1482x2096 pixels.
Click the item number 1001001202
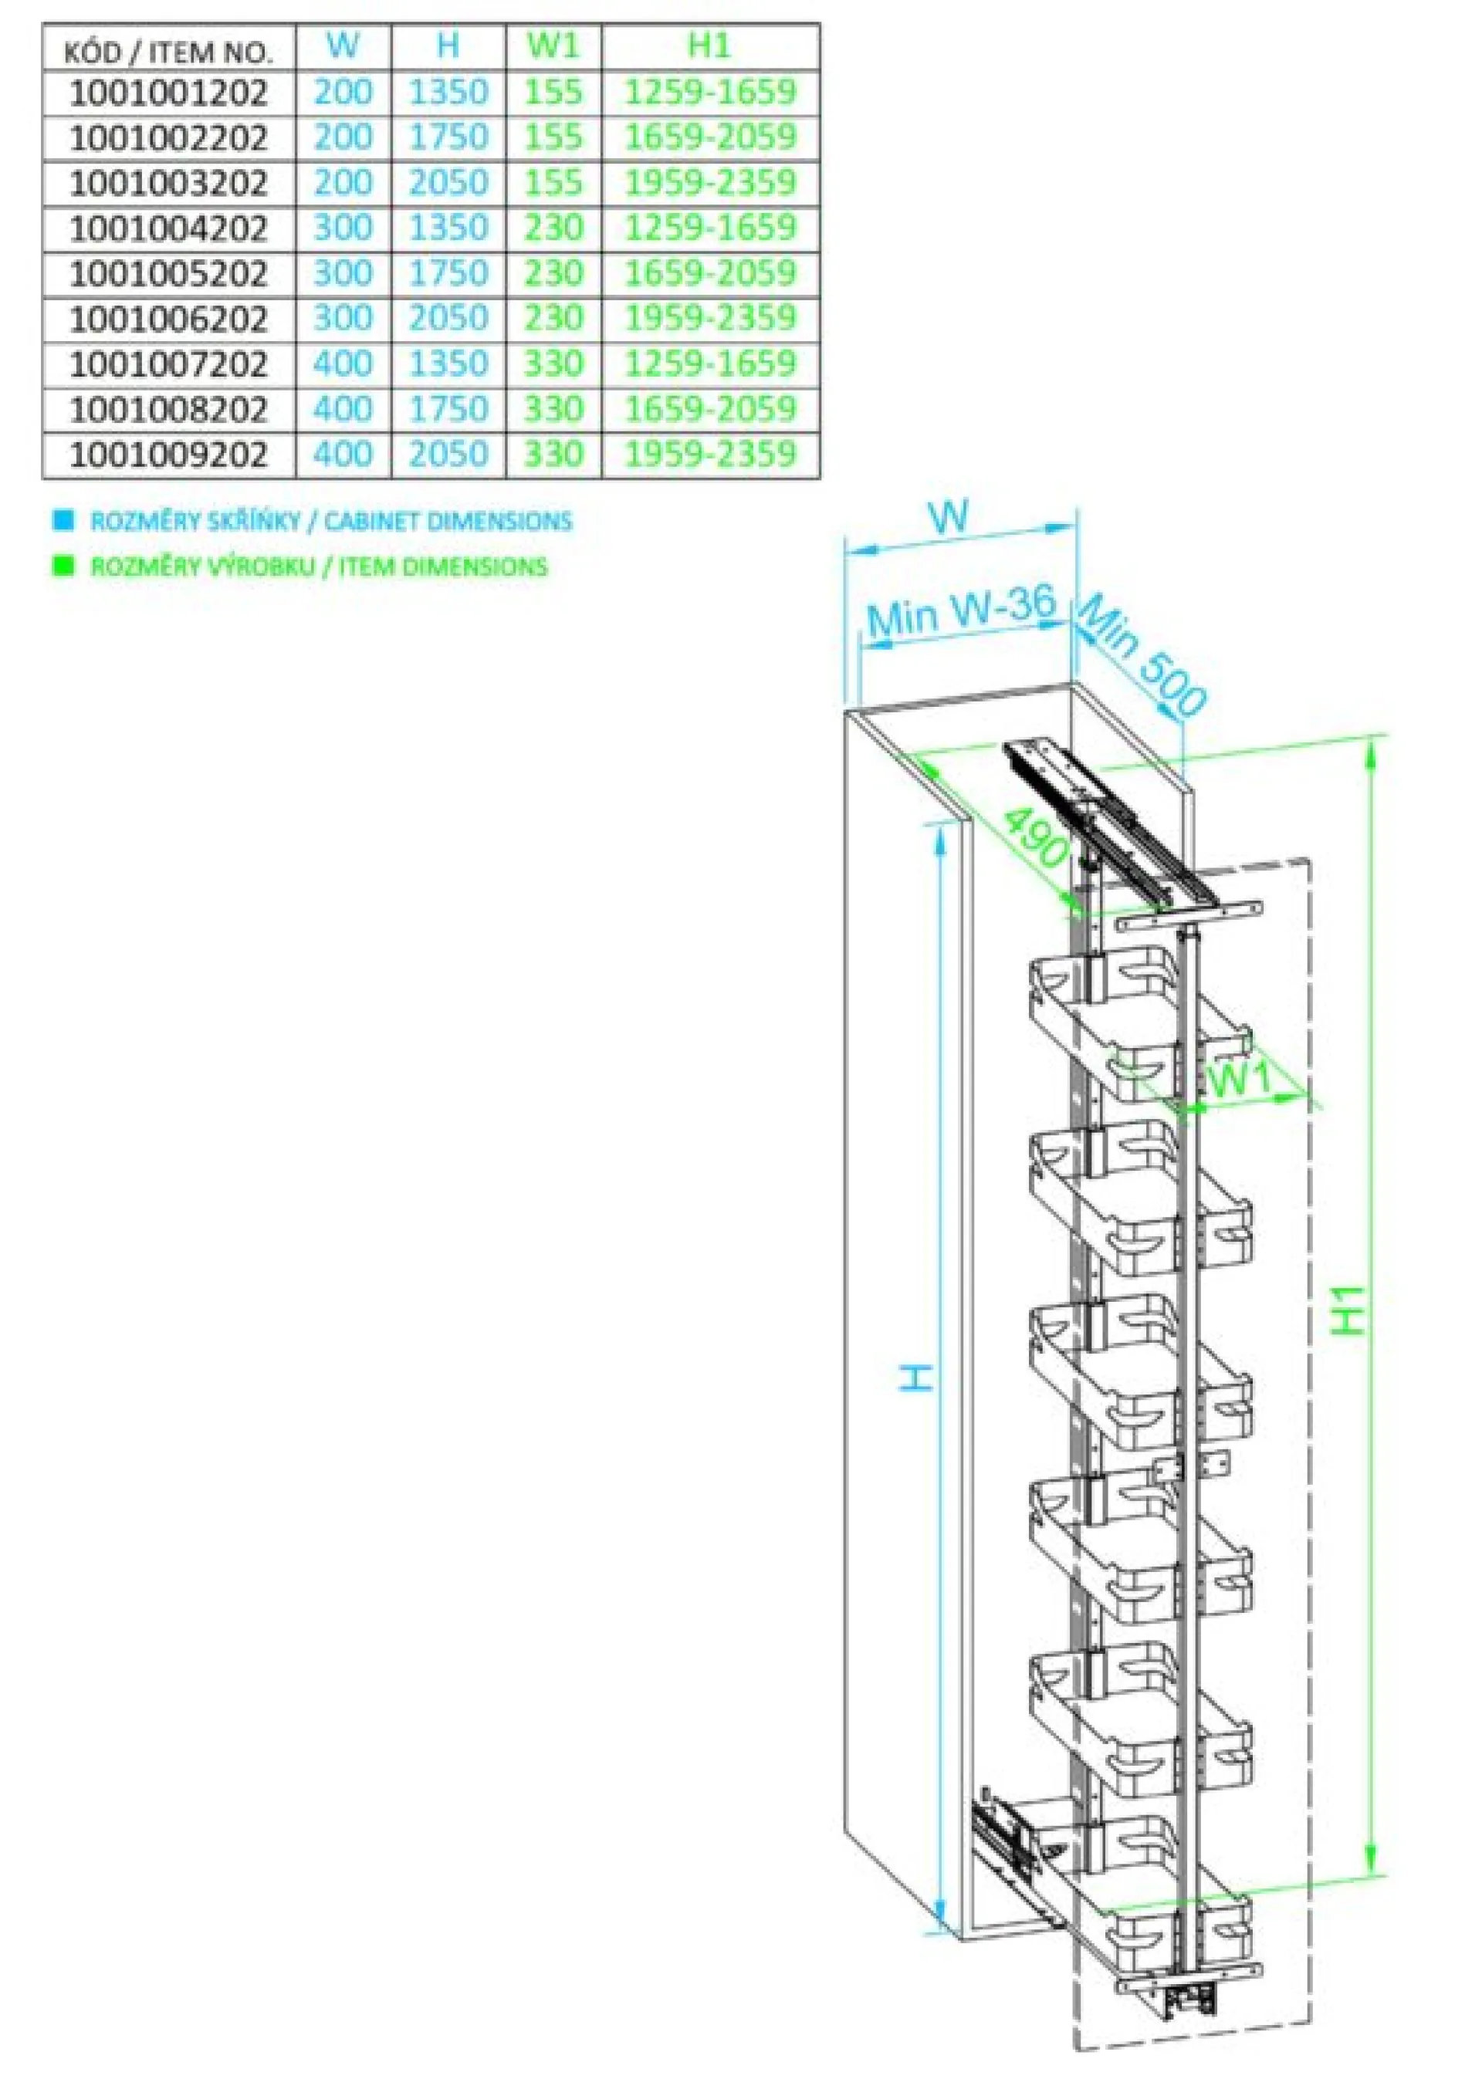[169, 92]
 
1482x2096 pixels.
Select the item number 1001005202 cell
[169, 273]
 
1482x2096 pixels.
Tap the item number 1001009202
[169, 454]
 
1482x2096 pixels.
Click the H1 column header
[709, 46]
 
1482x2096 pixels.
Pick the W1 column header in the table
[553, 46]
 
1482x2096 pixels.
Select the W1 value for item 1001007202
[553, 363]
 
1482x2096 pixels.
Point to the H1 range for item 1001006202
[709, 318]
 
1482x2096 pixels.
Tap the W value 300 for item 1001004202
[343, 228]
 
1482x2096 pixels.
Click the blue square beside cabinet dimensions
[63, 521]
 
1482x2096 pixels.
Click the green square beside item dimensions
[63, 566]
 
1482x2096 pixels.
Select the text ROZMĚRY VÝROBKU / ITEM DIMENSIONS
[319, 567]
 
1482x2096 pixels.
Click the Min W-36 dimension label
[961, 610]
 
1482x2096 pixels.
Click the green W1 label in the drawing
[1239, 1080]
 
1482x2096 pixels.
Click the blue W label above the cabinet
[949, 518]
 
